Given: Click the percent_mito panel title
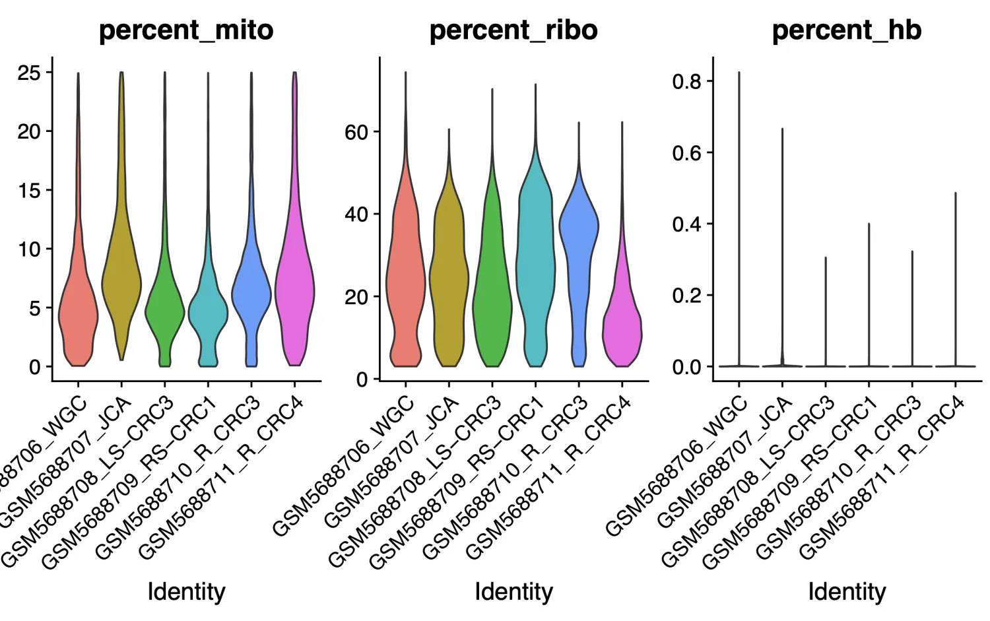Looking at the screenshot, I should tap(186, 30).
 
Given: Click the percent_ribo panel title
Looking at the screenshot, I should tap(513, 30).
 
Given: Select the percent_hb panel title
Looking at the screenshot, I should tap(847, 30).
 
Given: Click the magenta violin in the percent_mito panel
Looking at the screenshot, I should tap(295, 290).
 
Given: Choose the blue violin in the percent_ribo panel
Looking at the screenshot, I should tap(579, 231).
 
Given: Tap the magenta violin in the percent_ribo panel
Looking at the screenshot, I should tap(622, 330).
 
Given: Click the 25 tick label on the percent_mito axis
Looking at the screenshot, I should tap(29, 73).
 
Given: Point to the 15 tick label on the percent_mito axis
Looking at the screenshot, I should tap(29, 191).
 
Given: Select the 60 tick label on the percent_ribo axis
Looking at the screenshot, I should tap(356, 132).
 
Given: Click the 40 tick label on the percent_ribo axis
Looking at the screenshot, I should tap(356, 214).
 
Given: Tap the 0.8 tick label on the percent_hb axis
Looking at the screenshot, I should tap(686, 82).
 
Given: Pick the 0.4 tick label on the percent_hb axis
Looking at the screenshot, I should tap(686, 224).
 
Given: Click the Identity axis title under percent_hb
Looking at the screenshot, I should tap(847, 591).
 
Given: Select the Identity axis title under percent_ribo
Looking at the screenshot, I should tap(513, 591).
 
